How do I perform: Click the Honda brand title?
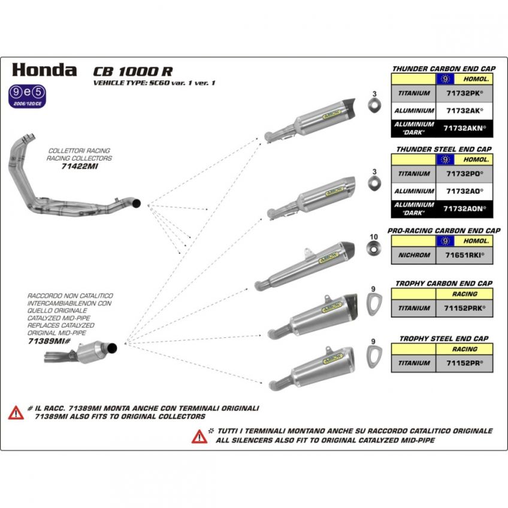44,69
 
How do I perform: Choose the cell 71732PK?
464,93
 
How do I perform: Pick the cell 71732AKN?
464,128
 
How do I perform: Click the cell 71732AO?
464,190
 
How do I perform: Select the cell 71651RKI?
464,255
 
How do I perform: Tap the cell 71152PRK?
464,308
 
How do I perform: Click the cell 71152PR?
464,363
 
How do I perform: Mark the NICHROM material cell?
413,255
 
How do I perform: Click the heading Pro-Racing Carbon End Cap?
444,230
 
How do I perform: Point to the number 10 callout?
373,237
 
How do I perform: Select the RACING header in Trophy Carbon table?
464,294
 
